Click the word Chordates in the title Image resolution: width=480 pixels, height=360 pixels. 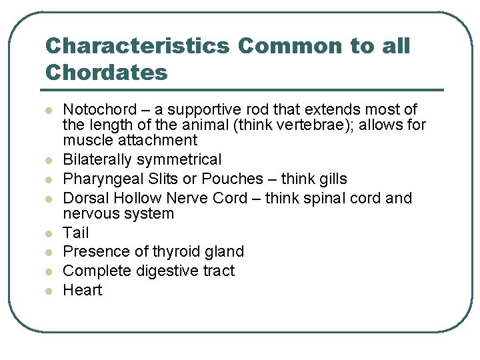[x=106, y=72]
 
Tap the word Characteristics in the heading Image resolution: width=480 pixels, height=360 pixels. [x=137, y=46]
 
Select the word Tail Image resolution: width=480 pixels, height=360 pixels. [x=75, y=233]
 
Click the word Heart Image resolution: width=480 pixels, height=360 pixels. [x=83, y=290]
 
